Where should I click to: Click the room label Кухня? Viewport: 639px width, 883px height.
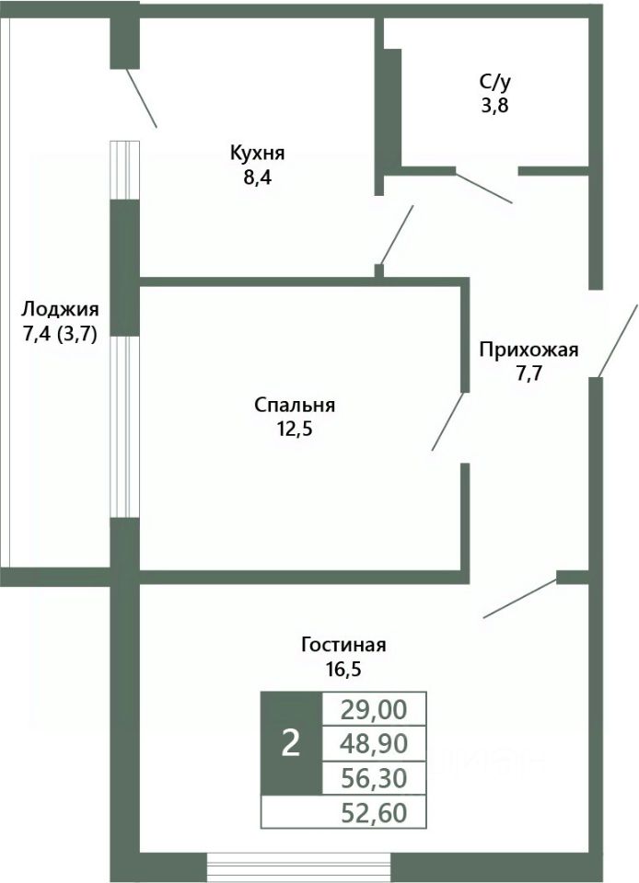pos(258,153)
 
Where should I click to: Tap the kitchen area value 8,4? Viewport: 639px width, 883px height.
pos(258,176)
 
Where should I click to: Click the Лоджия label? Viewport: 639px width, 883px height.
pos(61,309)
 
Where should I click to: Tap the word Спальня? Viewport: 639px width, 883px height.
pos(295,405)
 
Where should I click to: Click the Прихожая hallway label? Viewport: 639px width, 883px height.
pos(529,349)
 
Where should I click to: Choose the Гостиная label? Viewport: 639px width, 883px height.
pos(343,644)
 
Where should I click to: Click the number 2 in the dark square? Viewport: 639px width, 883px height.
pos(290,744)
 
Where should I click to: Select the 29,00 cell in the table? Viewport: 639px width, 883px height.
pos(375,709)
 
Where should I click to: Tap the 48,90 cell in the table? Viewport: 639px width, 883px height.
pos(375,743)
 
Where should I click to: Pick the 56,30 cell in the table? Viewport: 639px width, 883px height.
pos(375,778)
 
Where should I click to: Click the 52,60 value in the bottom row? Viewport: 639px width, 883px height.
pos(375,813)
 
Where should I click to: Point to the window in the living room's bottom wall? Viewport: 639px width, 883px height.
pos(298,867)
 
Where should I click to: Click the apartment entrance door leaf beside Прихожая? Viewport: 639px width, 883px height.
pos(618,339)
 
